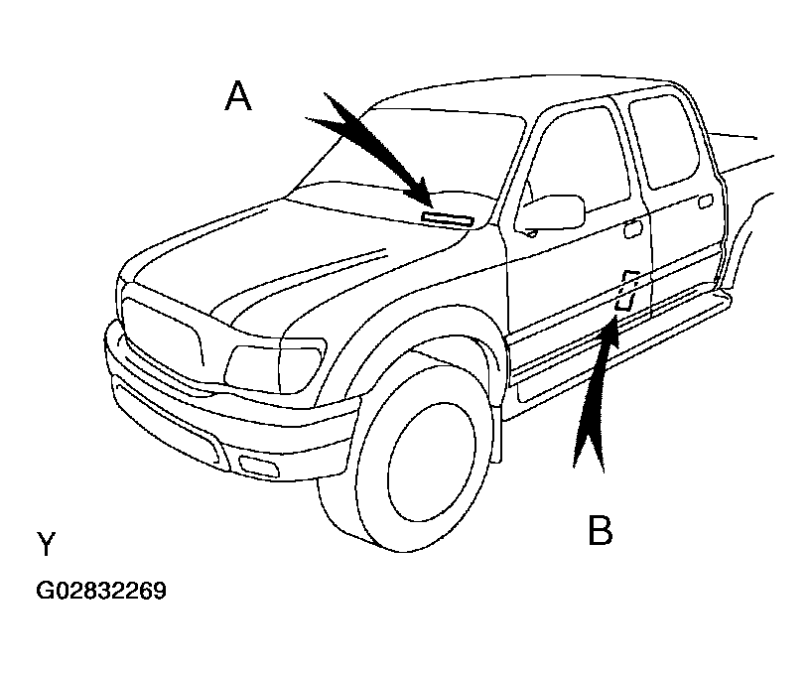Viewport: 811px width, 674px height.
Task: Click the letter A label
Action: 238,96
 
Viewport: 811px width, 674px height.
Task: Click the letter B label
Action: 600,531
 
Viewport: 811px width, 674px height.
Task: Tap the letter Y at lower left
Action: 46,544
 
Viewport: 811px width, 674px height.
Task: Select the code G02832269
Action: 101,592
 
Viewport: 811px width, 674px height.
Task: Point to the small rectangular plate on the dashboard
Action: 448,216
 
